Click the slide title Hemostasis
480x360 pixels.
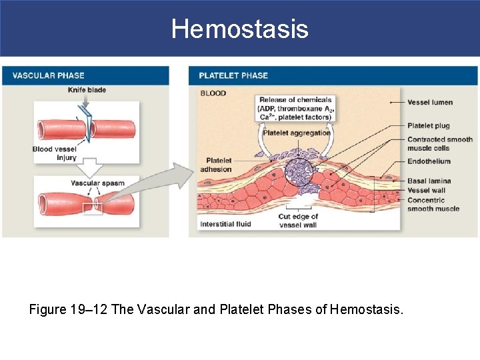239,29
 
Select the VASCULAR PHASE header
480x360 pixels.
49,75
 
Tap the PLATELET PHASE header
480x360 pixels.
233,75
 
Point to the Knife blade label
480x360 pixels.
87,90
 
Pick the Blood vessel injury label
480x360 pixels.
55,153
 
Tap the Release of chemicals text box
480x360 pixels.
295,109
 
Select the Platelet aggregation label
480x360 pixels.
297,133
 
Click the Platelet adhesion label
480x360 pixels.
219,165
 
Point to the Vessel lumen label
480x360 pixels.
430,102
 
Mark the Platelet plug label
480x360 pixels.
429,125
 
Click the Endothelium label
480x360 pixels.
429,161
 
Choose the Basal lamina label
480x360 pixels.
429,181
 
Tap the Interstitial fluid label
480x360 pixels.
225,224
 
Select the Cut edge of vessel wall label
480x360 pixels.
298,221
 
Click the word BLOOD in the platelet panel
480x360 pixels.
213,93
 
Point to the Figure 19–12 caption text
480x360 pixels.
217,309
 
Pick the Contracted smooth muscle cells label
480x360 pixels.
439,143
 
